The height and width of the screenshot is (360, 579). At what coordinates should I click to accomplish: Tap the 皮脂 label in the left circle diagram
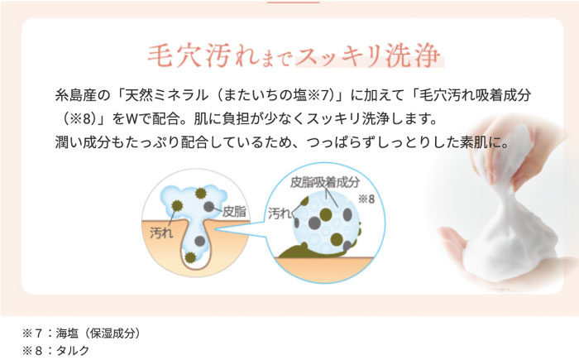click(235, 211)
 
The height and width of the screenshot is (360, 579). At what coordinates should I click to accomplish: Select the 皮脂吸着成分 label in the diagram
click(325, 182)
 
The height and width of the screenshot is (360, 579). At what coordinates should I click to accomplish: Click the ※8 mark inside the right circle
click(367, 199)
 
